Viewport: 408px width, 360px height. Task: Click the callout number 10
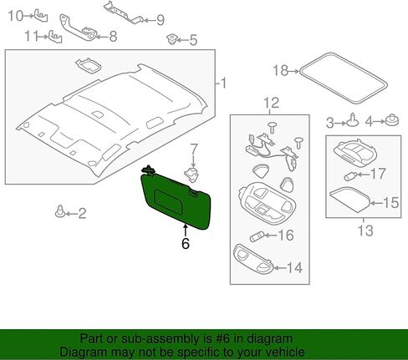[x=16, y=16]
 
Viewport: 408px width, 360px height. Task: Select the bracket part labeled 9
[x=124, y=13]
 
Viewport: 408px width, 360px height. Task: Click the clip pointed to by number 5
[x=172, y=39]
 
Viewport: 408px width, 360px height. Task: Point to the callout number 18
[x=280, y=70]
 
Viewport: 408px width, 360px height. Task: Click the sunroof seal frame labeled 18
[x=343, y=79]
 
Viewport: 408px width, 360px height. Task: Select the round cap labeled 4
[x=392, y=120]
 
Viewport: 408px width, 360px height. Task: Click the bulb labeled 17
[x=349, y=176]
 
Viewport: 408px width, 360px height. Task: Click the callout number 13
[x=365, y=231]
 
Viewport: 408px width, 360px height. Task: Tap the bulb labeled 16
[x=257, y=237]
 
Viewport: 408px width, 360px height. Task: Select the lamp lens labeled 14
[x=252, y=260]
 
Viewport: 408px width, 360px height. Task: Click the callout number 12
[x=272, y=103]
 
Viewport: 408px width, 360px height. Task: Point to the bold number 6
[x=186, y=243]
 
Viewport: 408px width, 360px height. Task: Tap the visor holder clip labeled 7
[x=192, y=175]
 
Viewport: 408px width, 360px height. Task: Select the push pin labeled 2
[x=60, y=212]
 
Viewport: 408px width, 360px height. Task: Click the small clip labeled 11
[x=56, y=37]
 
